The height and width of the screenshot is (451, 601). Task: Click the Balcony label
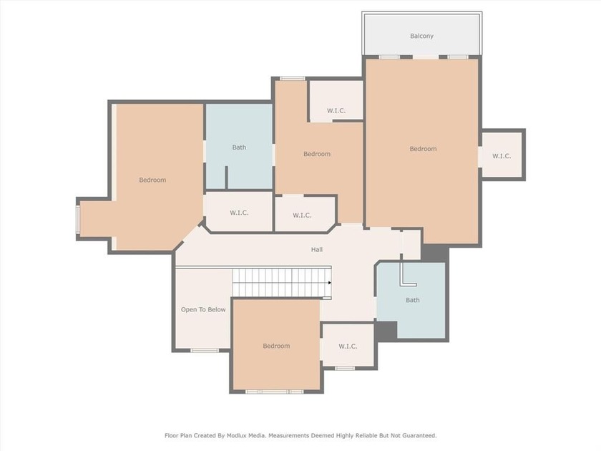(421, 36)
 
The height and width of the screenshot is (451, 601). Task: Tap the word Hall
(316, 250)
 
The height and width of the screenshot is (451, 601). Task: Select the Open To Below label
(203, 310)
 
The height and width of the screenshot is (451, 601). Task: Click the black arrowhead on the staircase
(330, 283)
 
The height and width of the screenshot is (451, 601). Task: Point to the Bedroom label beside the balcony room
(423, 149)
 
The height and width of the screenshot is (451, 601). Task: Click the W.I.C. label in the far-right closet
(502, 156)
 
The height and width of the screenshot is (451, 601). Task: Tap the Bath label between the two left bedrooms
(239, 147)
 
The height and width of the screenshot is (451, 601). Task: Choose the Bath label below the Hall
(412, 300)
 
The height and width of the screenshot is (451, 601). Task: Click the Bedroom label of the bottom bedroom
(276, 346)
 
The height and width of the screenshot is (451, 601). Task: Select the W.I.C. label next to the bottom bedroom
(348, 346)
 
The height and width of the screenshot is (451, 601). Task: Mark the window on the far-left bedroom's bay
(78, 219)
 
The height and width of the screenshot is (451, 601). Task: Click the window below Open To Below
(205, 350)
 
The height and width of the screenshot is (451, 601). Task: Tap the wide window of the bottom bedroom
(275, 392)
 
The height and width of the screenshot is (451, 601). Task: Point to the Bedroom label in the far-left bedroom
(152, 180)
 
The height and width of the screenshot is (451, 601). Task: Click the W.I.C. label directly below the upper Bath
(239, 213)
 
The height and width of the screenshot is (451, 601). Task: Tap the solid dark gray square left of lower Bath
(386, 331)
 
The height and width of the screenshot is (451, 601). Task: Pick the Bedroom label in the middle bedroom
(317, 154)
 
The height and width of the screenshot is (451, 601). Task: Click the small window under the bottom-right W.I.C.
(345, 368)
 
